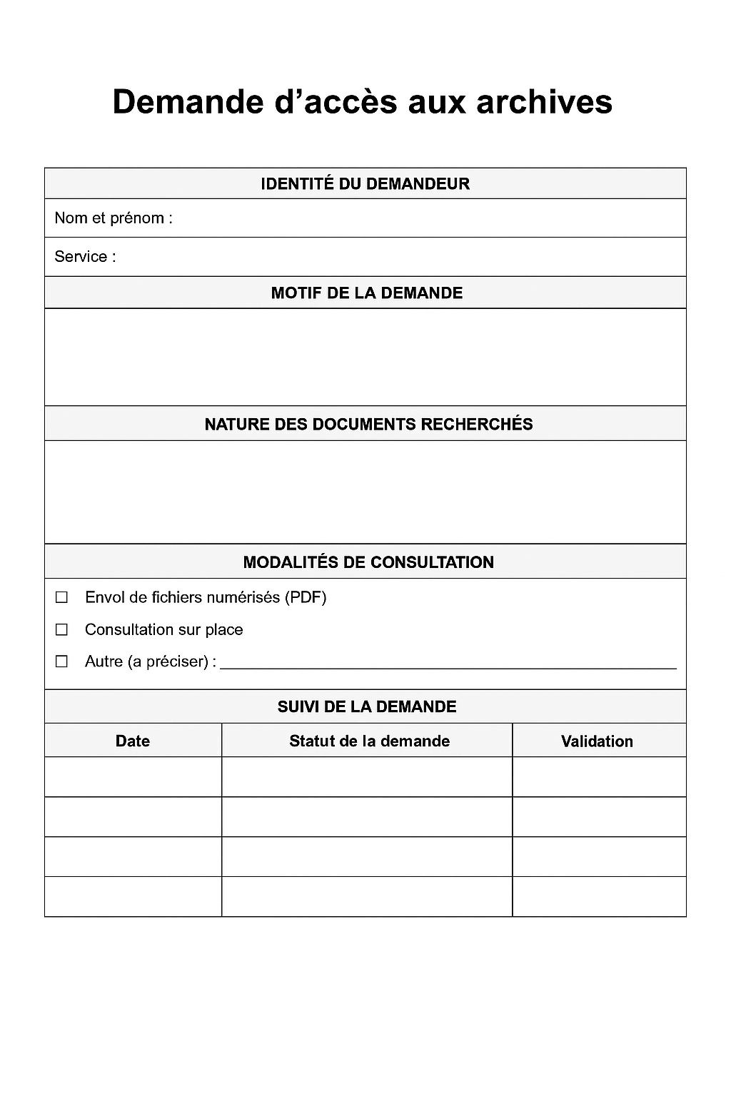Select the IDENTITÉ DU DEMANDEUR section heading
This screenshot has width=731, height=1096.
365,184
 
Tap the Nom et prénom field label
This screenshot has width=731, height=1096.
113,218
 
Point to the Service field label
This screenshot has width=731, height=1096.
84,257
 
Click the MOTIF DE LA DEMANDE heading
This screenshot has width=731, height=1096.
366,293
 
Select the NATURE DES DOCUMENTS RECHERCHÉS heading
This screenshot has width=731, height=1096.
368,425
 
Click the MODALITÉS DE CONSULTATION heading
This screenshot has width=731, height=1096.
368,562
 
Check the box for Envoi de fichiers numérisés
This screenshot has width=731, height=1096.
62,598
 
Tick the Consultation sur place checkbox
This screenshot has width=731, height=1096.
62,630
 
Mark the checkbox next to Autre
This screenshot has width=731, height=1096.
62,662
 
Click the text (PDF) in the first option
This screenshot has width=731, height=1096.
306,598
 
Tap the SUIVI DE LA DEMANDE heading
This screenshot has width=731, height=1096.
366,707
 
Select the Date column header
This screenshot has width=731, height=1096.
133,741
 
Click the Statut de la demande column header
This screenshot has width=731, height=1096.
369,741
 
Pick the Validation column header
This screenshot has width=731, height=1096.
597,742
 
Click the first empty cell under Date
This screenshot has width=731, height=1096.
133,777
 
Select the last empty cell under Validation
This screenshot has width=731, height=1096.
599,897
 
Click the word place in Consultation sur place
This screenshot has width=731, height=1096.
224,630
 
